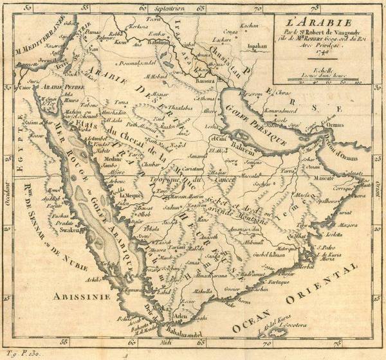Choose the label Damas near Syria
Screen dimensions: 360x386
[x=76, y=30]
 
